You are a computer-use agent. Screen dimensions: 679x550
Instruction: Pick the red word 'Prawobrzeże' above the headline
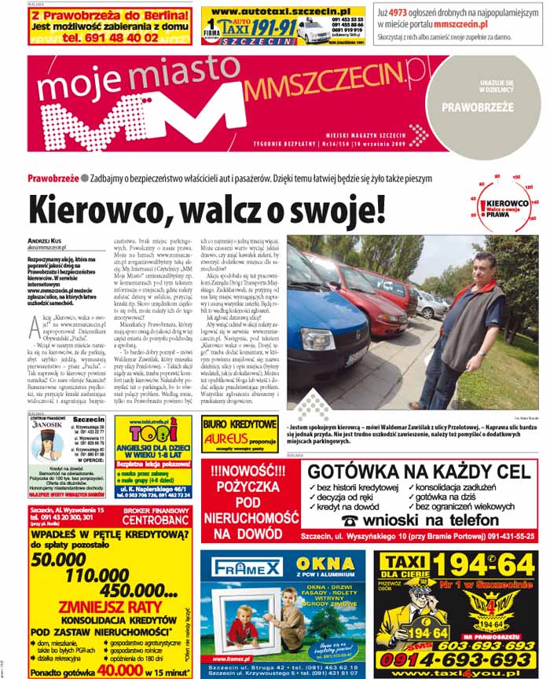click(53, 178)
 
